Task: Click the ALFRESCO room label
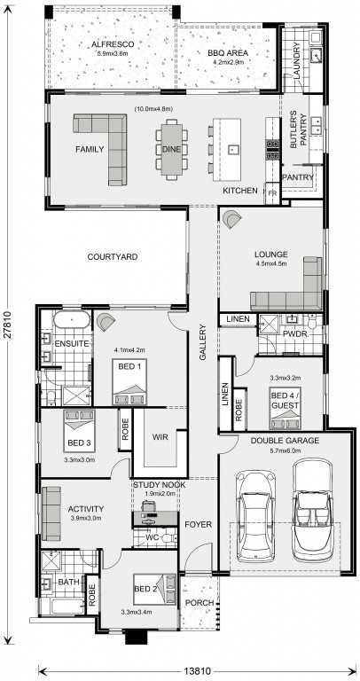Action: click(113, 44)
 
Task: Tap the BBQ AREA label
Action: click(228, 53)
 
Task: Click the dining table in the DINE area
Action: click(172, 149)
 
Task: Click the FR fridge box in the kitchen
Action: click(273, 192)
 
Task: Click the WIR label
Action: click(160, 437)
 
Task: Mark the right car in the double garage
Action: click(314, 504)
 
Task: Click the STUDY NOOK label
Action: click(160, 485)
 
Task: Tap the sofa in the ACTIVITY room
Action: click(51, 513)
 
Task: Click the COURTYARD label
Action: click(113, 256)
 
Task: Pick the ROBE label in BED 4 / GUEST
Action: click(239, 409)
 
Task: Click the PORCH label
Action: click(200, 603)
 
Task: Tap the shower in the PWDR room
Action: click(268, 325)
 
